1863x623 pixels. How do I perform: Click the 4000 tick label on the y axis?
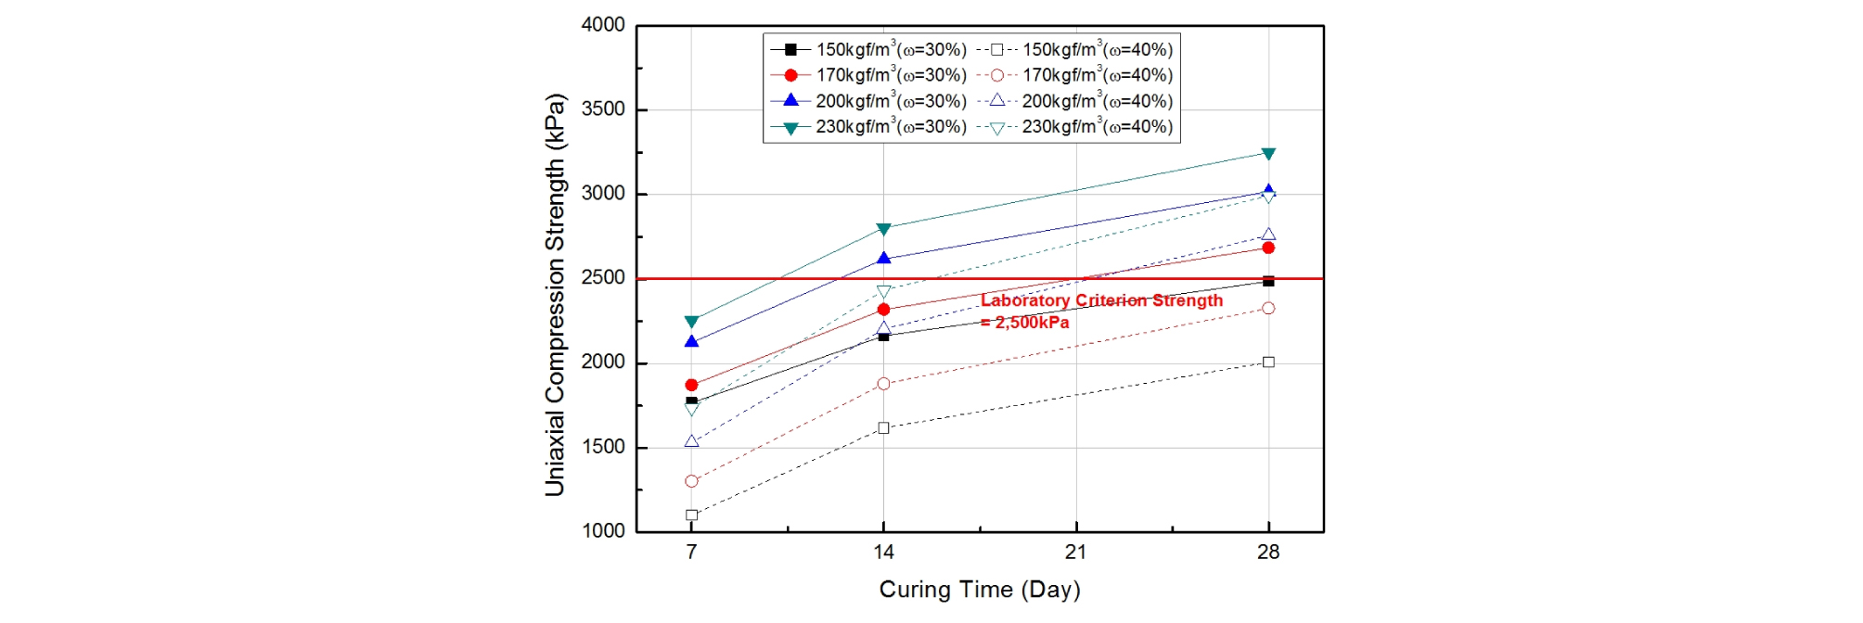603,25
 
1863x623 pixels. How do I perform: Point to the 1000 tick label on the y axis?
603,531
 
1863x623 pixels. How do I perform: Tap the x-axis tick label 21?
1075,553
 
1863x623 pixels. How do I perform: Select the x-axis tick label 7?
691,553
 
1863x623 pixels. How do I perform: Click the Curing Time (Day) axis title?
980,590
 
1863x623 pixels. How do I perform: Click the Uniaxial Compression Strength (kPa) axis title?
555,295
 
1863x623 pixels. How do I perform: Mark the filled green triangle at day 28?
1268,154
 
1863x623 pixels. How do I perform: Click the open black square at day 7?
691,515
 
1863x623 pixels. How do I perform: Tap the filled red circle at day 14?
883,310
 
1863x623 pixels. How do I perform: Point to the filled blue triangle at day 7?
691,342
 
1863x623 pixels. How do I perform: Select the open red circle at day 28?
1268,309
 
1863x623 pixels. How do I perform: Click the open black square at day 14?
883,428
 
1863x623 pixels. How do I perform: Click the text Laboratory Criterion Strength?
1101,300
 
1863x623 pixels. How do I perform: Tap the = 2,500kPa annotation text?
1024,323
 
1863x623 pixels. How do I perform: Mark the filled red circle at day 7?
691,385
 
